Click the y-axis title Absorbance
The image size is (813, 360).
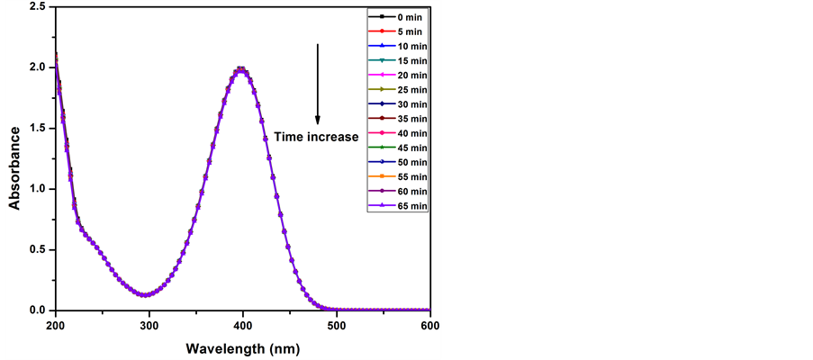click(x=14, y=167)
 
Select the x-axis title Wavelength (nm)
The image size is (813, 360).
click(x=242, y=346)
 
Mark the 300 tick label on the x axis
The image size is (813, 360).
click(x=149, y=324)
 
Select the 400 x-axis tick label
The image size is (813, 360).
click(x=243, y=324)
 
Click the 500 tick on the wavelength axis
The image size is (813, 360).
click(x=337, y=324)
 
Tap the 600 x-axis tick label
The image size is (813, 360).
click(x=429, y=324)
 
